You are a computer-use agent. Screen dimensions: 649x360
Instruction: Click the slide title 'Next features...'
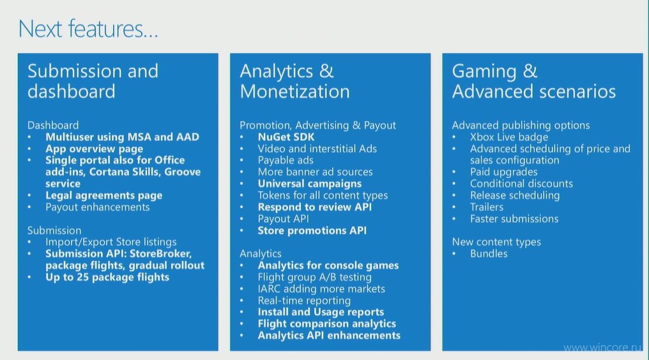pos(88,29)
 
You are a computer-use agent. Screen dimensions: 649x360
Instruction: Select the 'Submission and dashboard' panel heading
pos(93,81)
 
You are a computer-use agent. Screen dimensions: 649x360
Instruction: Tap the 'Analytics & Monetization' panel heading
pos(294,81)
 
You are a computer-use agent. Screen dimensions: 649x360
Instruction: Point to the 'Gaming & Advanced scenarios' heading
pos(534,81)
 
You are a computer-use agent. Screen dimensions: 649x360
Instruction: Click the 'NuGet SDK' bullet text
pos(286,137)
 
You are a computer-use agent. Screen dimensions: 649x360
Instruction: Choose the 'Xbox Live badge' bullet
pos(509,137)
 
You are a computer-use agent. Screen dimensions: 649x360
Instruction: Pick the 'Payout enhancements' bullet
pos(98,207)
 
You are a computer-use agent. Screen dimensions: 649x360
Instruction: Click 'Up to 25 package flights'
pos(107,277)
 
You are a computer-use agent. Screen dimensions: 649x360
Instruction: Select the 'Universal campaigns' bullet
pos(310,184)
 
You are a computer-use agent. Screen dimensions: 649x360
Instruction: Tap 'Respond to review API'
pos(314,207)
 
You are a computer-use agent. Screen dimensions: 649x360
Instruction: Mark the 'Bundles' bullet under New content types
pos(489,253)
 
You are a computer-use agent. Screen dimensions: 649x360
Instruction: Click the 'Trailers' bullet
pos(487,207)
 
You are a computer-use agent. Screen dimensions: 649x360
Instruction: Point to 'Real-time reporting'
pos(304,301)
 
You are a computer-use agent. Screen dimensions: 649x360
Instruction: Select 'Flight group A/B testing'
pos(314,277)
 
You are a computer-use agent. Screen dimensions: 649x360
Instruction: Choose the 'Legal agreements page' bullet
pos(104,195)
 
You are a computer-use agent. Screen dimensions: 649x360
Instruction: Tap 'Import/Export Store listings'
pos(111,242)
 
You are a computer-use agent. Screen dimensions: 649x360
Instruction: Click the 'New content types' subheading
pos(496,242)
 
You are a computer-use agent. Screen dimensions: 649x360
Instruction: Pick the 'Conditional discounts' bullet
pos(521,184)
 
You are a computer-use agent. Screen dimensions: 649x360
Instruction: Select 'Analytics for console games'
pos(328,266)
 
